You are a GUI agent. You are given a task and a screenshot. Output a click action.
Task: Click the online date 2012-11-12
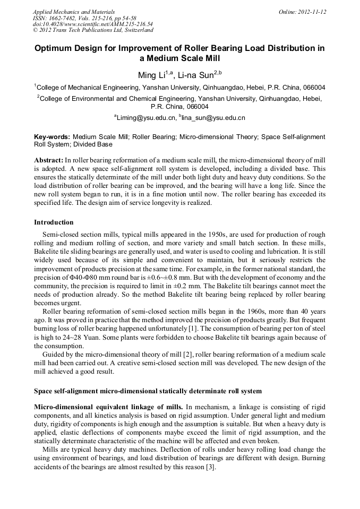[310, 12]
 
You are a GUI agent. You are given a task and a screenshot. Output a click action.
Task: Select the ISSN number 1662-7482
[64, 18]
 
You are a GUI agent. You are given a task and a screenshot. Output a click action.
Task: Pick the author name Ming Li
[151, 75]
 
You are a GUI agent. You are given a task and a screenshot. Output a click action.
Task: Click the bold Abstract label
[49, 160]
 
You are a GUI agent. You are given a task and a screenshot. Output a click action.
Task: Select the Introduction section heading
[54, 222]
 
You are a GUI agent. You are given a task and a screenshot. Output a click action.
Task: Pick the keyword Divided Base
[92, 144]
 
